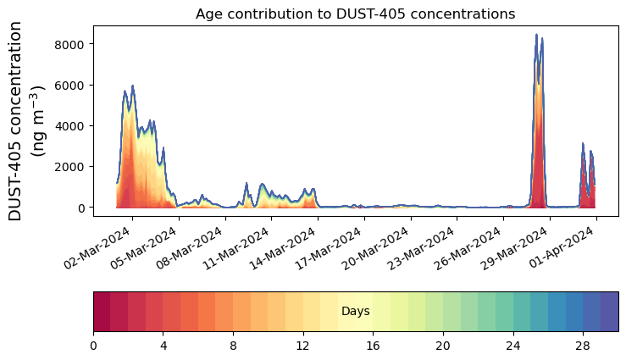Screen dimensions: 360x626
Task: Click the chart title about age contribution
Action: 355,14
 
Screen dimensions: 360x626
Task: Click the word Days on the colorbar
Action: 355,312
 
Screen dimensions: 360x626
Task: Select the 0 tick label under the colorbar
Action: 93,346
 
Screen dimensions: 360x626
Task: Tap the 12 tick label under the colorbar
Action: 303,346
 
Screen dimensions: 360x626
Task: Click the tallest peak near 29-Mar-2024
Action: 536,36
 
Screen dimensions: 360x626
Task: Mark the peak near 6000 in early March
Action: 133,86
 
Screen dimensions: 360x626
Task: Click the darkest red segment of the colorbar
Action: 102,312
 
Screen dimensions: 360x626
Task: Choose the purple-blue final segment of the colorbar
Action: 609,312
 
